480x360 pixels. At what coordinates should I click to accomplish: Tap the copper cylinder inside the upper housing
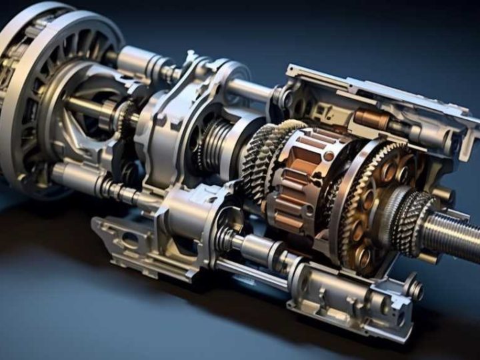[x=371, y=120]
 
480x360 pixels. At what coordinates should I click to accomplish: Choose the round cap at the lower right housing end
[x=415, y=289]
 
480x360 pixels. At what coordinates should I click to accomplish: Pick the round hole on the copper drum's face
[x=329, y=156]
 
